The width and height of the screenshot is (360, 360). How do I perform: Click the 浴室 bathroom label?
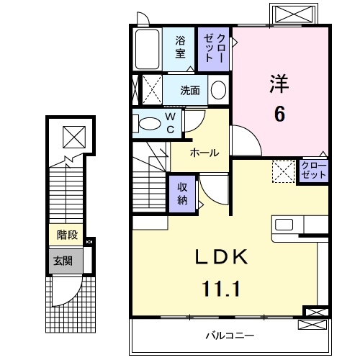pyautogui.click(x=181, y=48)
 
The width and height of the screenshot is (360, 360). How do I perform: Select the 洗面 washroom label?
pyautogui.click(x=190, y=91)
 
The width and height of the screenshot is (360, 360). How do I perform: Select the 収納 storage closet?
pyautogui.click(x=183, y=192)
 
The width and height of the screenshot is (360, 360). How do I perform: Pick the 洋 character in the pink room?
pyautogui.click(x=279, y=83)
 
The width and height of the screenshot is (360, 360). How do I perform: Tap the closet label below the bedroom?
pyautogui.click(x=314, y=171)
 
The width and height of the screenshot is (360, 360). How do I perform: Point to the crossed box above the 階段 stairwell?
pyautogui.click(x=73, y=135)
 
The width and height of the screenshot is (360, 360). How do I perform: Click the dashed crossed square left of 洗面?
pyautogui.click(x=149, y=90)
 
